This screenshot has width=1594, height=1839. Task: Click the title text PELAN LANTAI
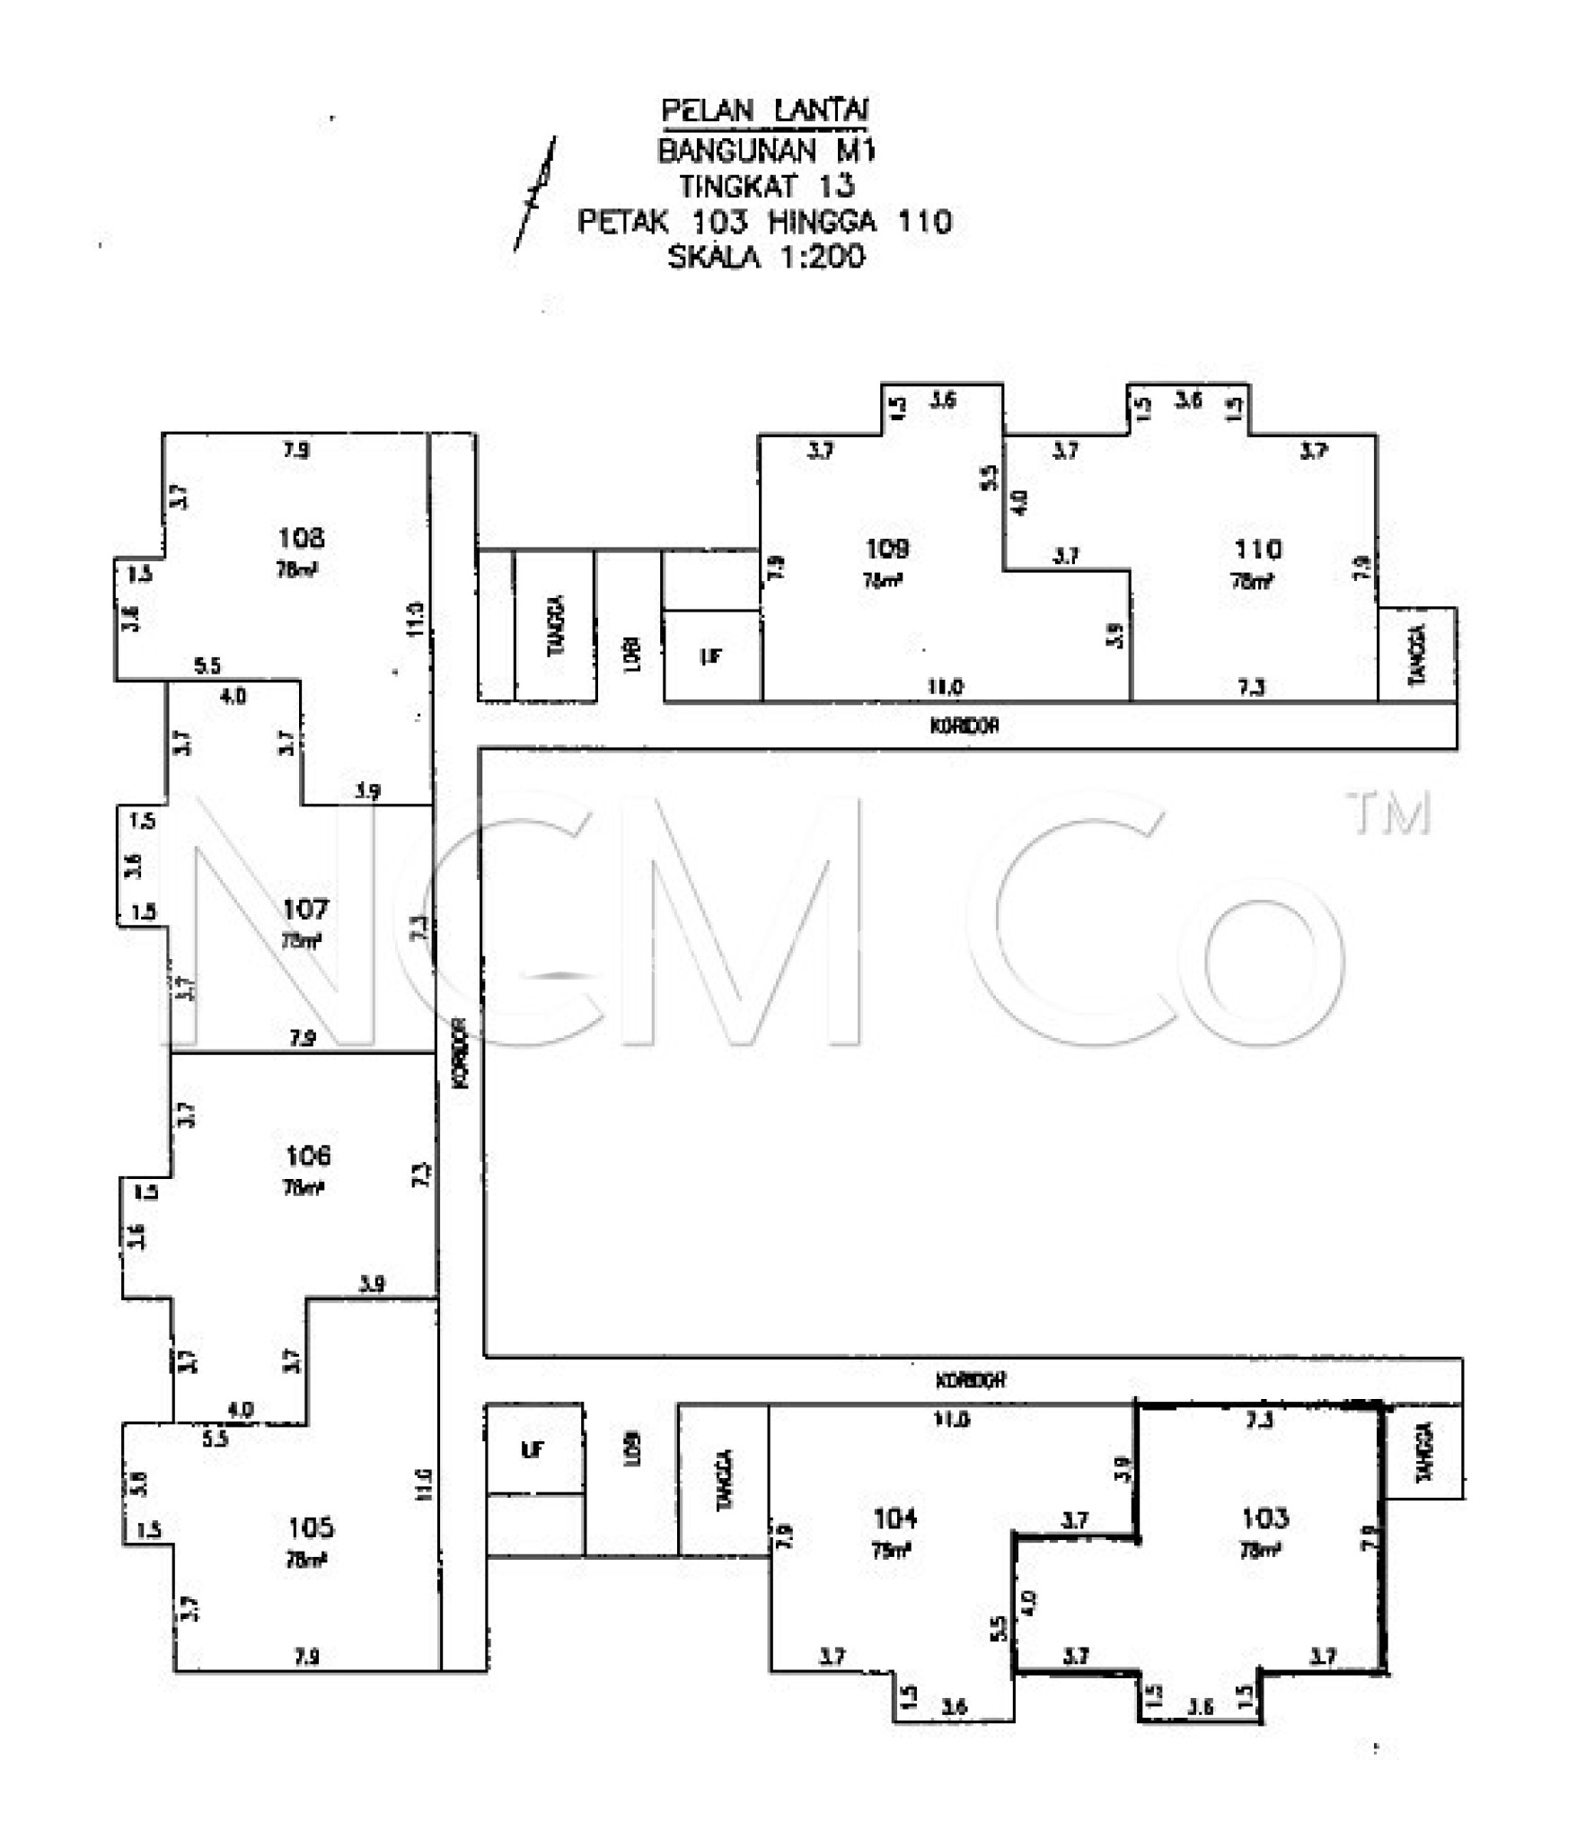(765, 110)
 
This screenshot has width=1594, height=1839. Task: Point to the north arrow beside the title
(535, 193)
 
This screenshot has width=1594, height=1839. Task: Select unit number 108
(301, 538)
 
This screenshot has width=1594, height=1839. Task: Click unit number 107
(305, 910)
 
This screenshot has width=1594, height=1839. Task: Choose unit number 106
(307, 1155)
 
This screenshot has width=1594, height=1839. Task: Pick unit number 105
(311, 1527)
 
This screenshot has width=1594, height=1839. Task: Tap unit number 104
(894, 1518)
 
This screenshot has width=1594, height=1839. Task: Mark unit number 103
(1264, 1518)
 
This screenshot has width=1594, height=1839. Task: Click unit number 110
(1257, 549)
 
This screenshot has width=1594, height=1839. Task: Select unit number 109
(886, 548)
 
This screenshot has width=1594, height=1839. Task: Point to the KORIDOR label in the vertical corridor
(461, 1052)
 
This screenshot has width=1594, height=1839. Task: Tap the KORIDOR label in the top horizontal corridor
(964, 726)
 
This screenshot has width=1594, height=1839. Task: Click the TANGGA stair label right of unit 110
(1417, 656)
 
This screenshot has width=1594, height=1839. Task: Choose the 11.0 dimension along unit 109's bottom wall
(945, 687)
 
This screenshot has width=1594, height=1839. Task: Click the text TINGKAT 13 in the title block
(766, 186)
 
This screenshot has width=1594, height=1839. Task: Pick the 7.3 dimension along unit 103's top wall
(1259, 1420)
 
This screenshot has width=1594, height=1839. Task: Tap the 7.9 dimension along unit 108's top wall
(296, 450)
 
